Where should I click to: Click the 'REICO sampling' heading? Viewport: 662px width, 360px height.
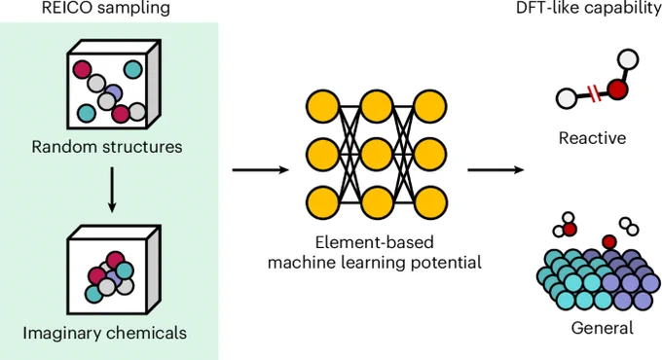105,9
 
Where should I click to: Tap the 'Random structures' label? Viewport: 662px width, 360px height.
107,147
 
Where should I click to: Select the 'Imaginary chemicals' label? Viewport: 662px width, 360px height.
105,333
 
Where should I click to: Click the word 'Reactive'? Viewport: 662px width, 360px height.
592,138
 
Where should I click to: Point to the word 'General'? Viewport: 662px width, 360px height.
602,328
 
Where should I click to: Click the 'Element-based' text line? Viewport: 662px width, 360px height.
375,242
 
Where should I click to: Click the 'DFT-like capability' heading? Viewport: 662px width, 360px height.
589,9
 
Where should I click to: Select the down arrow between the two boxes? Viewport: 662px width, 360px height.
112,190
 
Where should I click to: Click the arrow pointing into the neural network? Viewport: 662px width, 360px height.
261,170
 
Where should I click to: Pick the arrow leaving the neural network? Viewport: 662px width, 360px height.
496,170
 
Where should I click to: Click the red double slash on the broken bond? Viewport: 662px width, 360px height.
594,94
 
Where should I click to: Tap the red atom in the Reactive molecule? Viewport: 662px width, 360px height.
617,90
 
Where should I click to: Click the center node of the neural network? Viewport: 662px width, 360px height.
377,155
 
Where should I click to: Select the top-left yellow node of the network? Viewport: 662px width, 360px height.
322,107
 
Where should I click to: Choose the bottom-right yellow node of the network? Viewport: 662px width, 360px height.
430,203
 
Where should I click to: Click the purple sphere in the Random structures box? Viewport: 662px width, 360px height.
113,92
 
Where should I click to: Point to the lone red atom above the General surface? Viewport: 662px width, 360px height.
608,242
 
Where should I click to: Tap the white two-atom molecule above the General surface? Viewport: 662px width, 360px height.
629,226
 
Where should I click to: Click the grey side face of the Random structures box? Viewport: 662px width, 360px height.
153,86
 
